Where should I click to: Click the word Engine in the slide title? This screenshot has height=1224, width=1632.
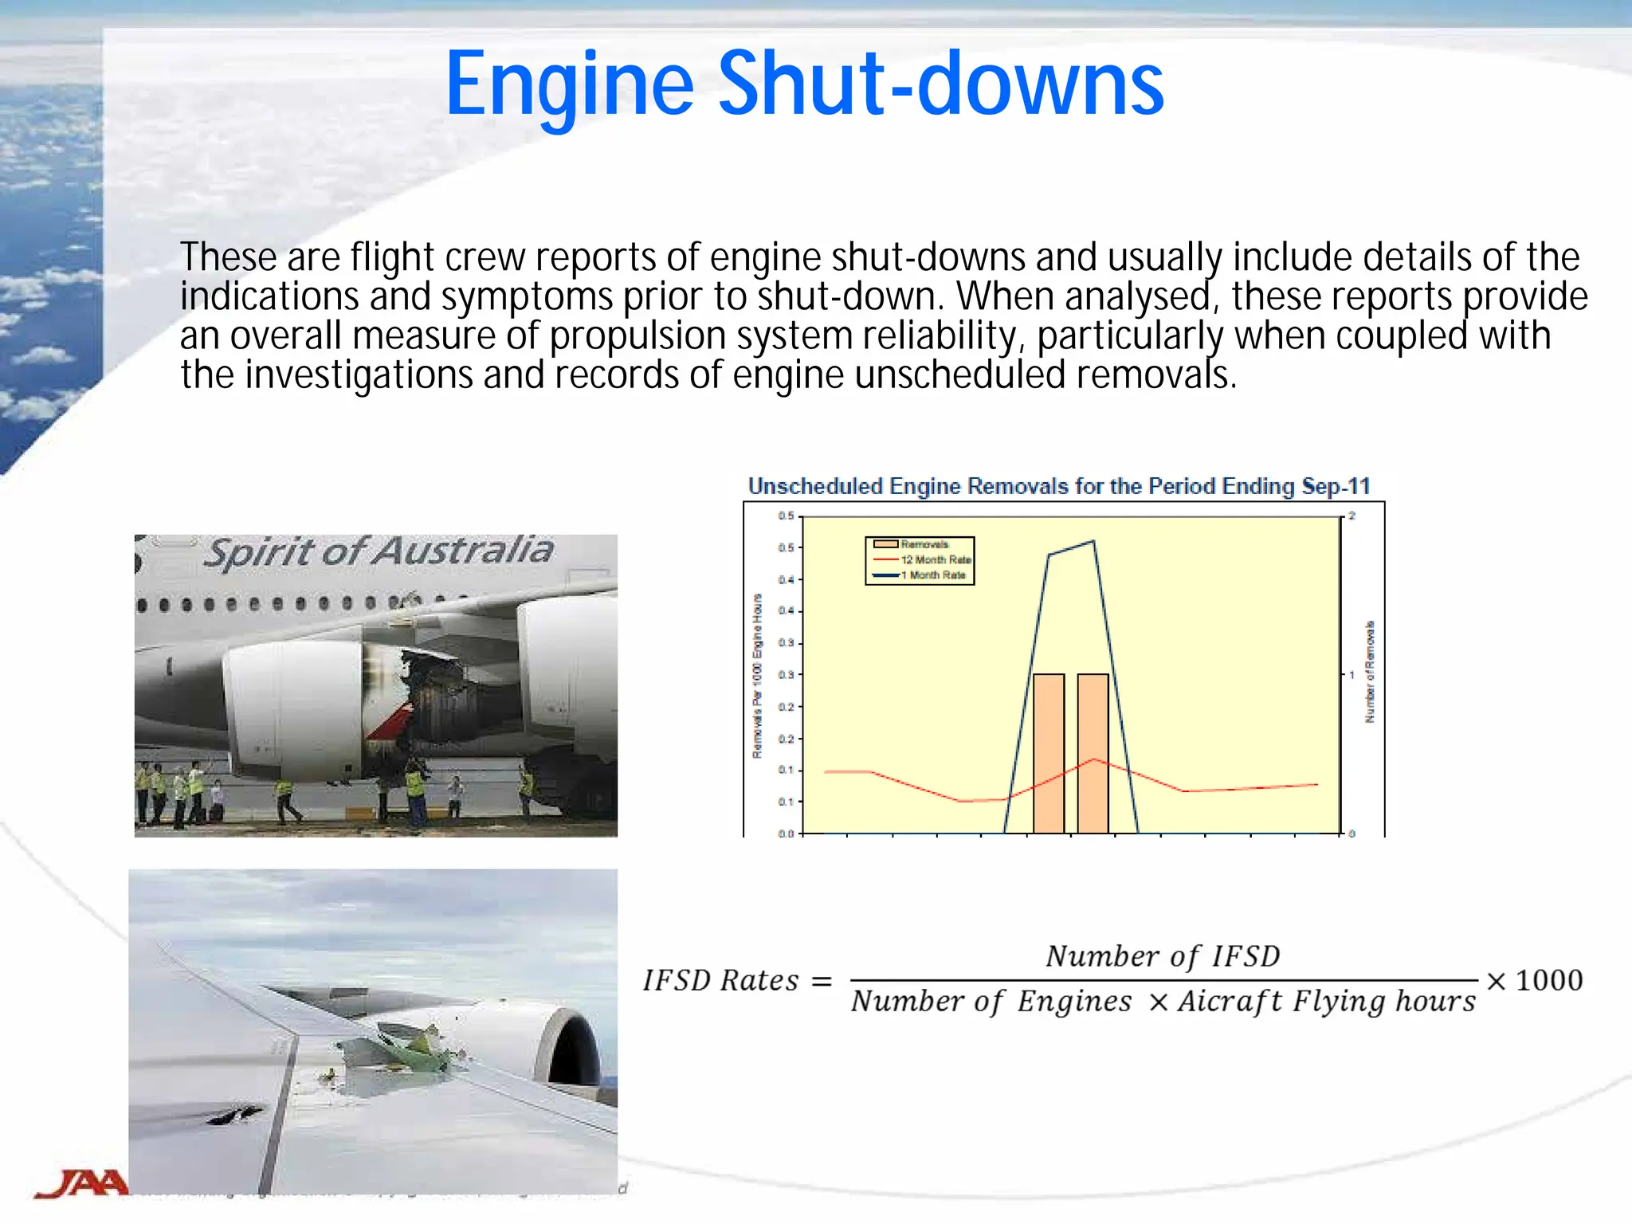click(569, 84)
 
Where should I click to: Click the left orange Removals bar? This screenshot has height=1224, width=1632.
click(1049, 753)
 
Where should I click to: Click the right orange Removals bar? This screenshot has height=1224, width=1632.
click(1093, 753)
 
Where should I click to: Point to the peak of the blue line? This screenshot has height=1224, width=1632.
click(1093, 542)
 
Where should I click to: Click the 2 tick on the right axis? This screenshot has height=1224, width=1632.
click(1352, 516)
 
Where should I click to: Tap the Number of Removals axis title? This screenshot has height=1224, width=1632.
click(1370, 672)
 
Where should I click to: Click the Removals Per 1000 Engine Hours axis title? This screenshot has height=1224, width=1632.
click(757, 676)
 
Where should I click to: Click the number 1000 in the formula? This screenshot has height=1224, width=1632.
click(1548, 981)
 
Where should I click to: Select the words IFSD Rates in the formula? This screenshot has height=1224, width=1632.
click(720, 981)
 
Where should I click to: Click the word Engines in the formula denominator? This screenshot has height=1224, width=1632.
click(1073, 1002)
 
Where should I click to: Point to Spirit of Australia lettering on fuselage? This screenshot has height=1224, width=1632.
click(378, 552)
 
